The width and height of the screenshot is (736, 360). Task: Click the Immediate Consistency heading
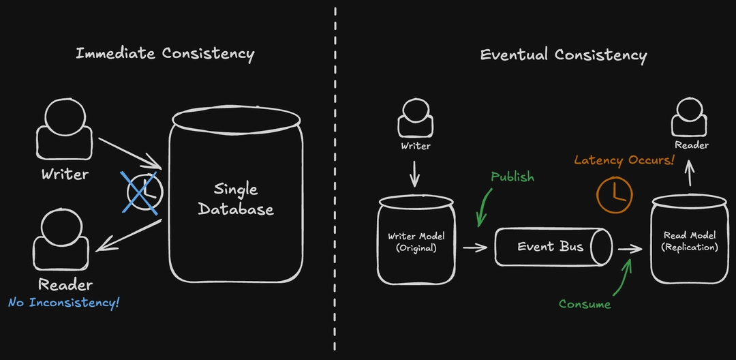tap(164, 54)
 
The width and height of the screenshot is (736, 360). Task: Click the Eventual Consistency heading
tap(563, 55)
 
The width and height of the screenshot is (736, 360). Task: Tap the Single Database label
tap(235, 199)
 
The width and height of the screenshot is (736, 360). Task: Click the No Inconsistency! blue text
tap(64, 301)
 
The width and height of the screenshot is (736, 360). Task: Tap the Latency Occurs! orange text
tap(624, 160)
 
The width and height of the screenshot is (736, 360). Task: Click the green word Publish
tap(512, 177)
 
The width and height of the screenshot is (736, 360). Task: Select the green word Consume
tap(585, 304)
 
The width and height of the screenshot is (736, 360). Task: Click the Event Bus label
tap(551, 246)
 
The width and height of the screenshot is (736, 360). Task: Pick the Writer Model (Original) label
tap(416, 242)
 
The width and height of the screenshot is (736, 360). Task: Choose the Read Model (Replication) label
tap(690, 241)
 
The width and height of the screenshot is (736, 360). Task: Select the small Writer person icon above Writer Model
tap(416, 119)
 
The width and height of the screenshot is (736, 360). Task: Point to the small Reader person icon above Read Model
tap(691, 118)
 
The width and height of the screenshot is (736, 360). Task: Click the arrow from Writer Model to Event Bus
tap(475, 247)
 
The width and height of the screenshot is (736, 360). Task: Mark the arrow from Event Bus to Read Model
tap(630, 250)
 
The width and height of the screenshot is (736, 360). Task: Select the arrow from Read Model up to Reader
tap(690, 177)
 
